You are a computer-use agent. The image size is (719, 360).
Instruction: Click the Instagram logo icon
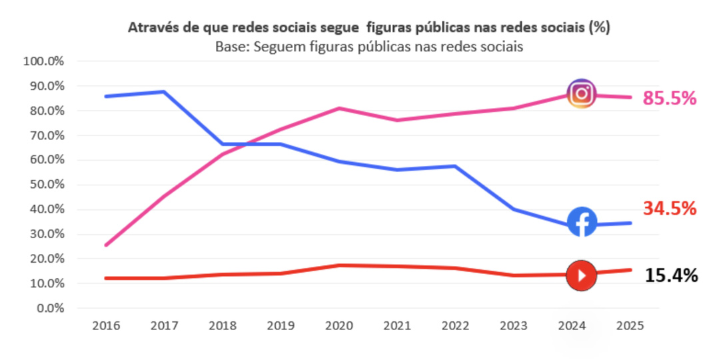tap(582, 93)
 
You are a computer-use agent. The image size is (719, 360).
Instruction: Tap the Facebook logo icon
tap(582, 222)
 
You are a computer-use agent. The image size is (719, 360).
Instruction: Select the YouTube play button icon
tap(582, 275)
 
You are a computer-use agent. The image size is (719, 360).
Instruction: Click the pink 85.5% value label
tap(669, 99)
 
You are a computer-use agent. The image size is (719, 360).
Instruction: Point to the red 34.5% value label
tap(669, 209)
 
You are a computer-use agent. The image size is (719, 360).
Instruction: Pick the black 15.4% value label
tap(671, 275)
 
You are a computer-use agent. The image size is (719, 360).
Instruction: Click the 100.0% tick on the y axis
tap(43, 61)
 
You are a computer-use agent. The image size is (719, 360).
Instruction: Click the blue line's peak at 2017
tap(164, 91)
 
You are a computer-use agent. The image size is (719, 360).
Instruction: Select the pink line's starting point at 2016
tap(107, 245)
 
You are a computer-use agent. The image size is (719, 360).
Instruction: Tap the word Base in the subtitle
tap(229, 47)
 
